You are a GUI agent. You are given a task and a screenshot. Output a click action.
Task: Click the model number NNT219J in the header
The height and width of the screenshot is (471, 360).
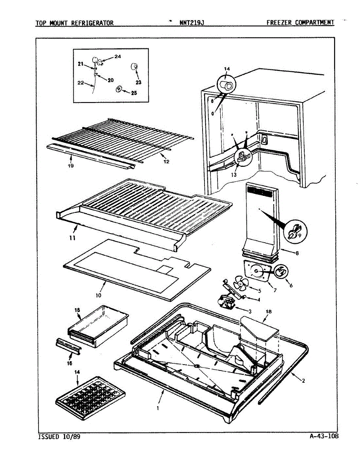tap(192, 23)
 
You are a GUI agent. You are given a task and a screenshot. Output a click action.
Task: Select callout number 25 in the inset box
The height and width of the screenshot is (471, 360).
tap(134, 93)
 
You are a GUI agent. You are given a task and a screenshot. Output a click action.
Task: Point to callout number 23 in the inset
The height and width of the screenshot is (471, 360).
tap(139, 82)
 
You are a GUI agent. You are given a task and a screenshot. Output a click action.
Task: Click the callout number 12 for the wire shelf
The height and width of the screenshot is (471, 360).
tap(166, 161)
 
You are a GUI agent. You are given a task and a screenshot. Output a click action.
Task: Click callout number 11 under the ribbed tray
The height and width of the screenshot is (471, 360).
tap(73, 238)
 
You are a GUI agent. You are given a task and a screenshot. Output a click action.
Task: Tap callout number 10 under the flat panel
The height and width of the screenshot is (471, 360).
tap(98, 295)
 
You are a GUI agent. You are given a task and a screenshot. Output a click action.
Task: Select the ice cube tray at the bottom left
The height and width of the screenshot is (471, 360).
tap(90, 397)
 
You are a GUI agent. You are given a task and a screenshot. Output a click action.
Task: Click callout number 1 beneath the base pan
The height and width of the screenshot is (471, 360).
tap(158, 408)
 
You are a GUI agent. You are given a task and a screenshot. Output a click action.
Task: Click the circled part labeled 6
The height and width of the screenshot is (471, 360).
tap(281, 272)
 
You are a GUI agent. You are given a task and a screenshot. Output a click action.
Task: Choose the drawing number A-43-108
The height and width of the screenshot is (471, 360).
tap(323, 436)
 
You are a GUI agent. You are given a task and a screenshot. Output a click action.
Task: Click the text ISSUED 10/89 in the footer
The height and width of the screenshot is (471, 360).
tap(59, 436)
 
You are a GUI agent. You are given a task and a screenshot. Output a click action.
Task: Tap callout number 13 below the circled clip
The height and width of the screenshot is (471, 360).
tap(234, 175)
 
